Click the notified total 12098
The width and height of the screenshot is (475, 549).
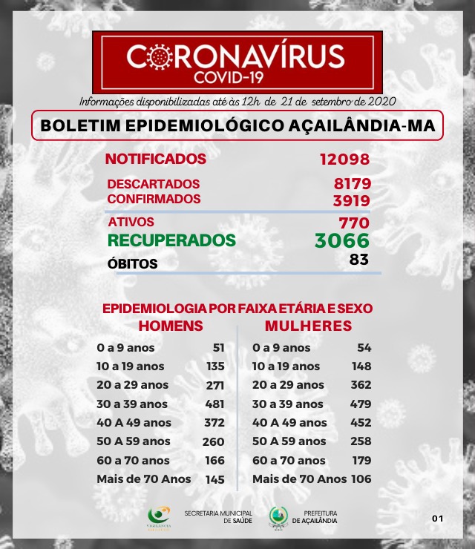(344, 160)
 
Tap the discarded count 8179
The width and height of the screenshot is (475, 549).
(352, 184)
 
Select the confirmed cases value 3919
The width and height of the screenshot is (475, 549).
(352, 200)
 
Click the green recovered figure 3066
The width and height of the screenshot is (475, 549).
(341, 241)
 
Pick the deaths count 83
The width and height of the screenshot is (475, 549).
(358, 260)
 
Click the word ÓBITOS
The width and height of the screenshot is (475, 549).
(132, 263)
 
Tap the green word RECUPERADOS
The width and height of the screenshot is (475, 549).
(171, 240)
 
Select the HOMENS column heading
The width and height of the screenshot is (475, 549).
(171, 326)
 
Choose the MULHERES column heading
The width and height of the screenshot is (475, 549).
(308, 326)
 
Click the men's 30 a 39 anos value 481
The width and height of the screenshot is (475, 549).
(214, 404)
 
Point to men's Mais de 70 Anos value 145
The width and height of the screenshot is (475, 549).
(214, 479)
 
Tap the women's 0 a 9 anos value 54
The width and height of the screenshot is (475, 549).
(364, 347)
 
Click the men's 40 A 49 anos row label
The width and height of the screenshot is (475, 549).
(134, 423)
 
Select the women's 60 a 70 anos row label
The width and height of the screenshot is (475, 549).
(289, 461)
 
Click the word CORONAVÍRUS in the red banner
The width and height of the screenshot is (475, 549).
(236, 56)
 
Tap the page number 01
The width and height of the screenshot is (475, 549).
(437, 518)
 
